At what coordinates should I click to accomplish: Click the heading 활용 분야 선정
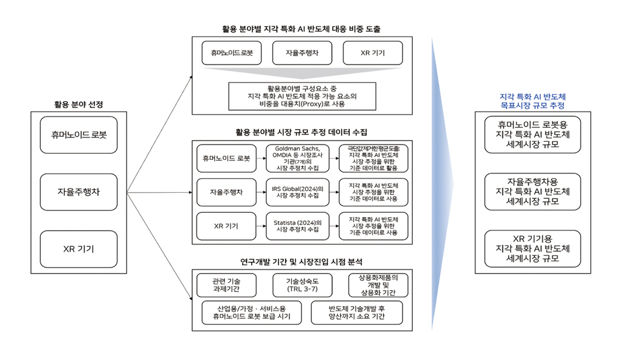click(x=79, y=105)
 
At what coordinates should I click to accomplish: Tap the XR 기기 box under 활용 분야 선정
click(x=79, y=249)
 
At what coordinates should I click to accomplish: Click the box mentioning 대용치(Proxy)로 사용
click(x=303, y=95)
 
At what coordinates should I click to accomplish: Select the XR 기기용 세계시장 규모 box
click(x=533, y=248)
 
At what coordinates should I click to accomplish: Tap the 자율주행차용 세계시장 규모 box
click(x=533, y=192)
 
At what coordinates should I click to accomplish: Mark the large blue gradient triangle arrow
click(x=442, y=182)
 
